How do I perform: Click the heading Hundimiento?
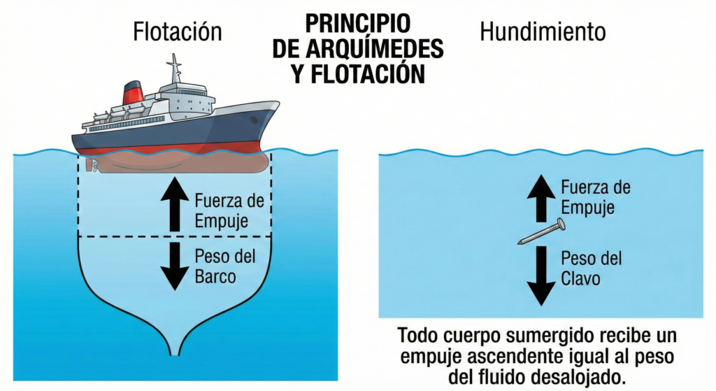[x=543, y=31]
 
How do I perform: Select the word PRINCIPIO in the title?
[x=357, y=23]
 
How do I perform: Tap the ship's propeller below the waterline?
[x=89, y=166]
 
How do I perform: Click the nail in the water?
[x=542, y=232]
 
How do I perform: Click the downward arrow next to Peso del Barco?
[x=170, y=265]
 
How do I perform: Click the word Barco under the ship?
[x=215, y=276]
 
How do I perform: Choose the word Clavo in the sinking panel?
[x=582, y=278]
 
